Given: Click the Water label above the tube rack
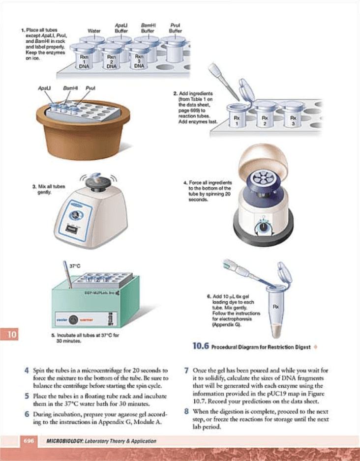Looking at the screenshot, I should point(94,30).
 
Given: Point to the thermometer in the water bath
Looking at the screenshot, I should point(67,275).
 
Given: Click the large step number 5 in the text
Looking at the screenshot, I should point(27,396).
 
